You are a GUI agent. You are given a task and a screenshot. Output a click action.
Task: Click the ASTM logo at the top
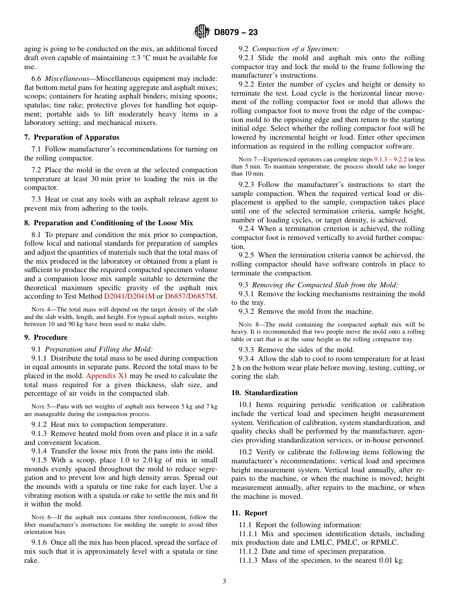coord(202,32)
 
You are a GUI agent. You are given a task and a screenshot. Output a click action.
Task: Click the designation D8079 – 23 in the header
coord(236,33)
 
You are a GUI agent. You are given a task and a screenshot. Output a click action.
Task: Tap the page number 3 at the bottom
coord(224,582)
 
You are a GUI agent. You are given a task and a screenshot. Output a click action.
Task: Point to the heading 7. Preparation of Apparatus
coord(72,137)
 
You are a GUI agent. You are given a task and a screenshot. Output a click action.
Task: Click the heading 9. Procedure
coord(46,337)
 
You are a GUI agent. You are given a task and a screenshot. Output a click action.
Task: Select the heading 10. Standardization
coord(264,393)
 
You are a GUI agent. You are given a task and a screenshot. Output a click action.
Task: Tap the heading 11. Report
coord(249,513)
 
